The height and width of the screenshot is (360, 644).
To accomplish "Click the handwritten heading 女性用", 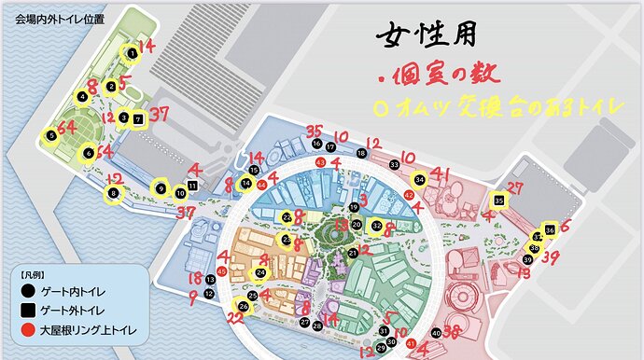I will tap(426, 35).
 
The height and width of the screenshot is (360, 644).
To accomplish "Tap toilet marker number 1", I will tap(133, 53).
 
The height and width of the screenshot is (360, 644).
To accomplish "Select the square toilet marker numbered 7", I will tap(137, 118).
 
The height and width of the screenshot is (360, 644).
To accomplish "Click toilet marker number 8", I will tap(114, 193).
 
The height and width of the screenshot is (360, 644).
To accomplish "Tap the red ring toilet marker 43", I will tap(321, 162).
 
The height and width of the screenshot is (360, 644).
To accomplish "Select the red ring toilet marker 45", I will tap(221, 270).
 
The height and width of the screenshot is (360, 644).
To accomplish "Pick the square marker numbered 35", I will tap(499, 200).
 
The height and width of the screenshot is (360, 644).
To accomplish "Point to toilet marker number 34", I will tap(420, 178).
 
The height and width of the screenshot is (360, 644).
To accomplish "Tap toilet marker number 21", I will tap(352, 253).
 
